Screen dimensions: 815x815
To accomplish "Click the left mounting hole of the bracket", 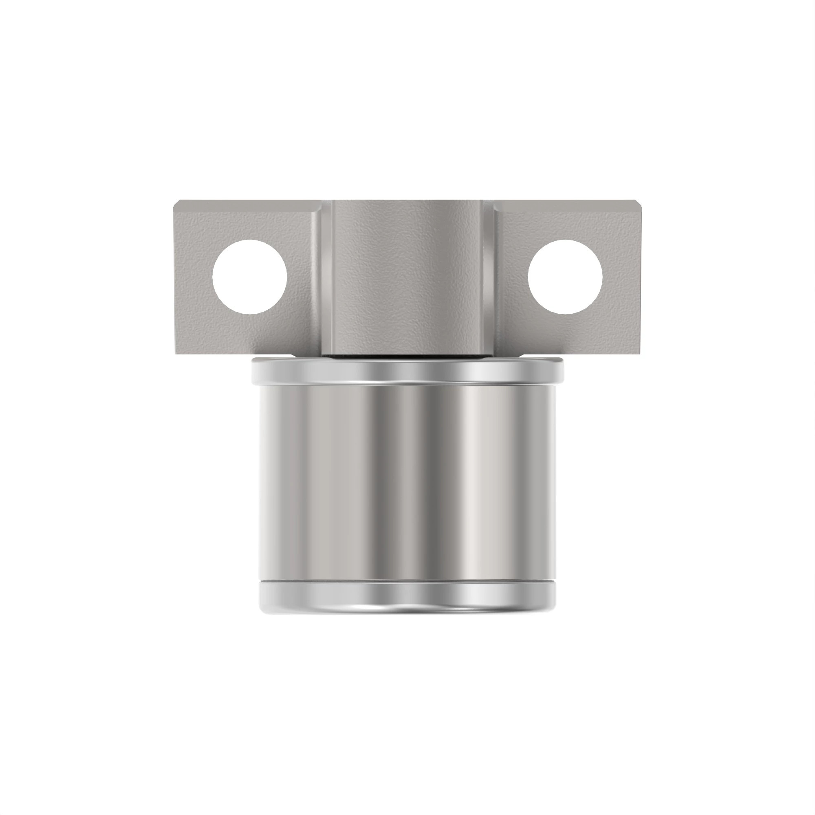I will coord(250,277).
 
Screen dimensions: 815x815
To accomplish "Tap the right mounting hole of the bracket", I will coord(565,277).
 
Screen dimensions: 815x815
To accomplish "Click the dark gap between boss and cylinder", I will coord(407,356).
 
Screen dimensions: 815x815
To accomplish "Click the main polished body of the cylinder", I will coord(407,481).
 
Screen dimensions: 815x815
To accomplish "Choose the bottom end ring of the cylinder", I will coord(407,599).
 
